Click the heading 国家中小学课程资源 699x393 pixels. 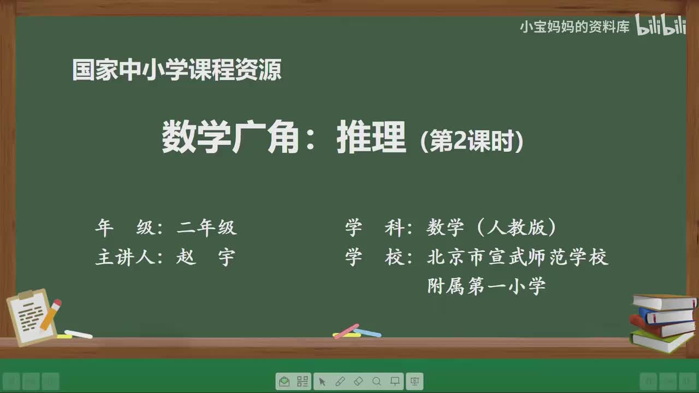(x=177, y=70)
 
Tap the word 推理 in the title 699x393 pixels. (x=371, y=138)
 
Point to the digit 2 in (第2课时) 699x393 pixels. (x=459, y=142)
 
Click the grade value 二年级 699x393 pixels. (x=207, y=228)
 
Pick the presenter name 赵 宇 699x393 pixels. (x=205, y=257)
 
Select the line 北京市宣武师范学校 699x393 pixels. (x=517, y=257)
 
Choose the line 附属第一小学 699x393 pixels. (x=486, y=286)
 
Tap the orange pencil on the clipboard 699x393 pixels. (x=51, y=313)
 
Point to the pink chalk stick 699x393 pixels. (x=346, y=331)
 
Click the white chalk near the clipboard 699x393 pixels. (x=79, y=334)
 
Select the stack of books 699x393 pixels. (x=663, y=322)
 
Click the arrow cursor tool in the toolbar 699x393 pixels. (x=322, y=381)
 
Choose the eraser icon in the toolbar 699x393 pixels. (x=358, y=381)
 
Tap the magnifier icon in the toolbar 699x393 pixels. (x=376, y=381)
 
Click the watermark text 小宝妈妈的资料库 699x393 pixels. (x=574, y=27)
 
